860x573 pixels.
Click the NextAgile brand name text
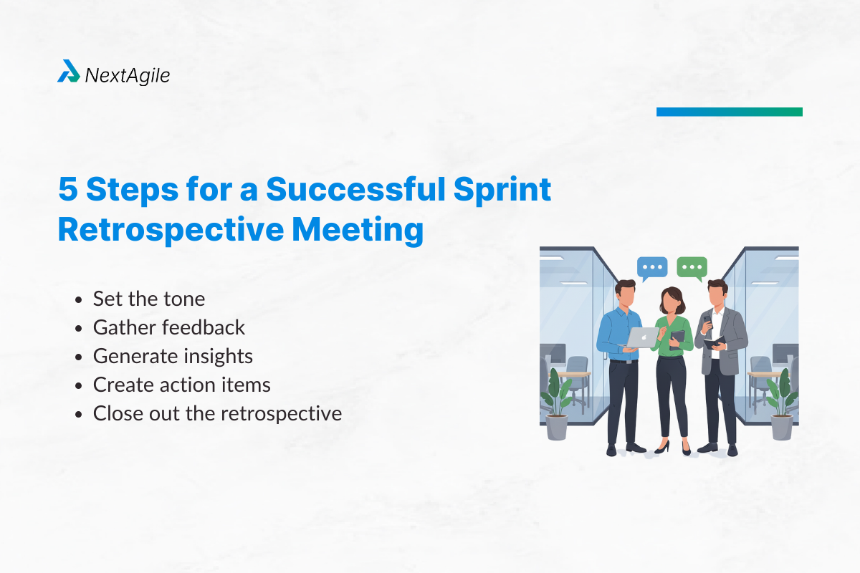(128, 74)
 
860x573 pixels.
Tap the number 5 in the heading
(68, 191)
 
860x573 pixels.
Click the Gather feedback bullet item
(169, 327)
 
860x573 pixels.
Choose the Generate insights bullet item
(173, 356)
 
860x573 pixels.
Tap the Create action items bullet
(182, 385)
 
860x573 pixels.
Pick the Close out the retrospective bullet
(217, 413)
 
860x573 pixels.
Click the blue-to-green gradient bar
(729, 112)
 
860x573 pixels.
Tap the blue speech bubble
(651, 268)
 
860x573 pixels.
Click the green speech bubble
(692, 268)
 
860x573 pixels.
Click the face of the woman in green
(668, 299)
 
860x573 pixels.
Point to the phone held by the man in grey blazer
(708, 321)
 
